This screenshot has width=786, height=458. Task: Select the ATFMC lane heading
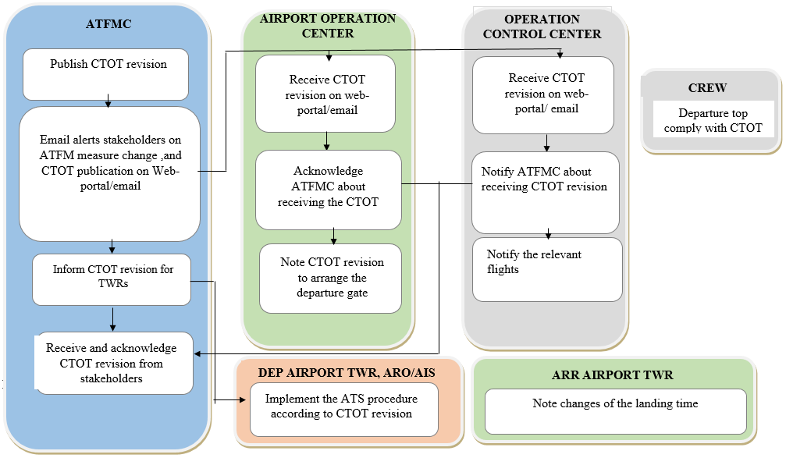[x=108, y=24]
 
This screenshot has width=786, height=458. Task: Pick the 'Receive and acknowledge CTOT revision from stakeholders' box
[x=114, y=364]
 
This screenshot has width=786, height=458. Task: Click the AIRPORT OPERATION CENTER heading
[x=327, y=26]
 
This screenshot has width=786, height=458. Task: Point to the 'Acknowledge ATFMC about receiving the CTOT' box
[x=328, y=189]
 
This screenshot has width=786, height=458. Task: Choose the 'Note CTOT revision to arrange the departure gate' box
[x=331, y=278]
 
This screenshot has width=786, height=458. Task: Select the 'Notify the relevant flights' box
[x=546, y=269]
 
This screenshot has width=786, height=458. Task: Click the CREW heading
[x=708, y=88]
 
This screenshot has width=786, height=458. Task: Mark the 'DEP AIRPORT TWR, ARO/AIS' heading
[x=346, y=373]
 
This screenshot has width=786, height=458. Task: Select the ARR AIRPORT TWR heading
[x=612, y=375]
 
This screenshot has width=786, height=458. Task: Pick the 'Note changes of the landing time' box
[x=615, y=411]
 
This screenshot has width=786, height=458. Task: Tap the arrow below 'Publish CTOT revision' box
[x=108, y=102]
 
